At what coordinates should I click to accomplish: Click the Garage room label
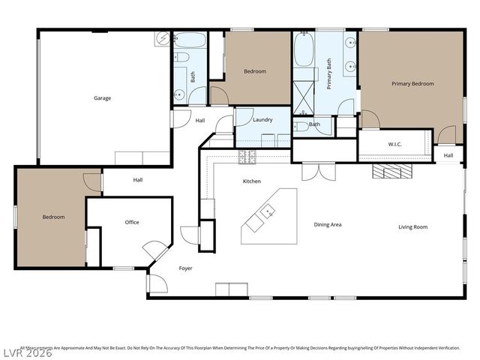click(102, 98)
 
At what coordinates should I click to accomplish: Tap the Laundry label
click(262, 120)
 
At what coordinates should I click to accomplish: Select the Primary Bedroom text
click(412, 84)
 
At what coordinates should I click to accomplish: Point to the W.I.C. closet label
click(396, 143)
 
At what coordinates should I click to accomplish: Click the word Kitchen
click(251, 181)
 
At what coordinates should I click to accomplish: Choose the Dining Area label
click(328, 224)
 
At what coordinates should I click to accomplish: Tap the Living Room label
click(412, 226)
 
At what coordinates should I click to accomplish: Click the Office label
click(132, 222)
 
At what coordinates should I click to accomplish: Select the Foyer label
click(185, 268)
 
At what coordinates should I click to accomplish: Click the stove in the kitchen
click(247, 157)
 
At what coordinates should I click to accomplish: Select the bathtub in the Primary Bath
click(304, 49)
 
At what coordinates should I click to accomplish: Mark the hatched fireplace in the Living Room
click(392, 171)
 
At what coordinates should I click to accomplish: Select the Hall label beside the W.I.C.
click(448, 155)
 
